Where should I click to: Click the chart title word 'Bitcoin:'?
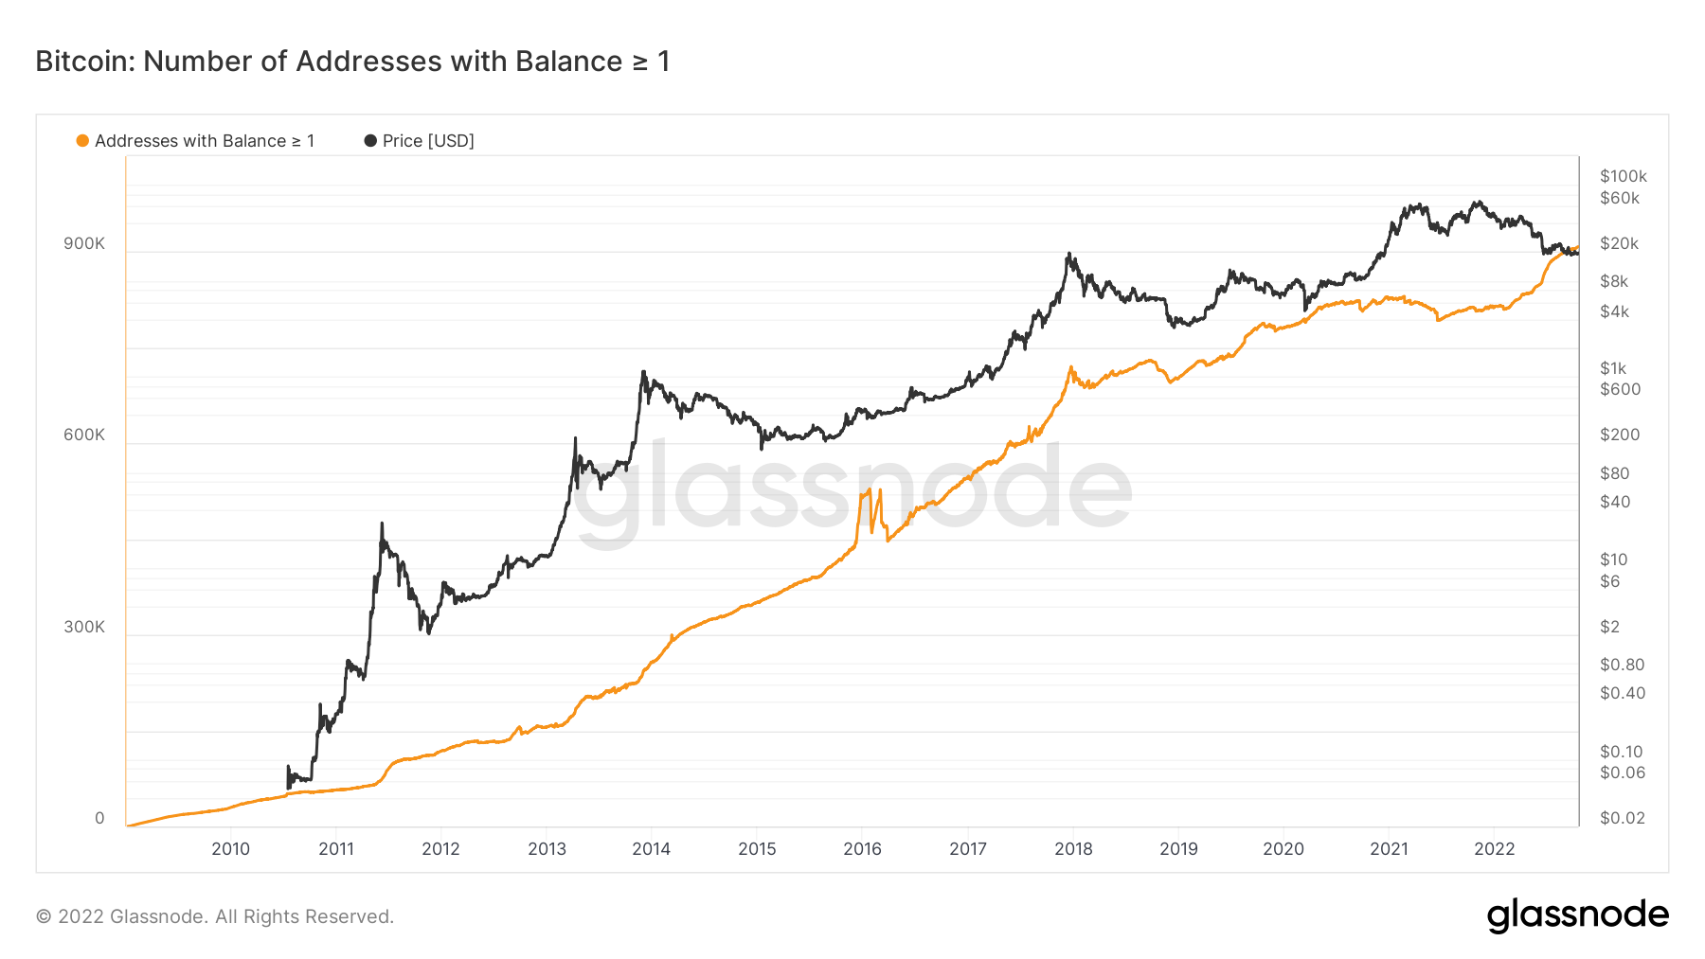point(85,62)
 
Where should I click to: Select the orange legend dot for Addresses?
point(82,141)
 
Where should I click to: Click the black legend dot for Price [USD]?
point(370,141)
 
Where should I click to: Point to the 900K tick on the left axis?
point(84,244)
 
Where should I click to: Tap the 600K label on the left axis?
point(84,435)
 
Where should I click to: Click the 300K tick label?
point(84,628)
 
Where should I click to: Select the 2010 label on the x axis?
point(230,849)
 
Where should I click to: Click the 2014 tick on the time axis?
point(652,849)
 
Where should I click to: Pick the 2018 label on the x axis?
point(1073,849)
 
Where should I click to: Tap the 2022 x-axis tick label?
point(1495,849)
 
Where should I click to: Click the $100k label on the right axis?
point(1624,176)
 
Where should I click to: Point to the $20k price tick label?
point(1620,244)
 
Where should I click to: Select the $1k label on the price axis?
point(1613,368)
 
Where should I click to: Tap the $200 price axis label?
point(1620,435)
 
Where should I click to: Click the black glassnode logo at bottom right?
point(1578,915)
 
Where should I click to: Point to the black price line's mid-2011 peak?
point(382,524)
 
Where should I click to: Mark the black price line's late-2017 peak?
point(1068,254)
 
